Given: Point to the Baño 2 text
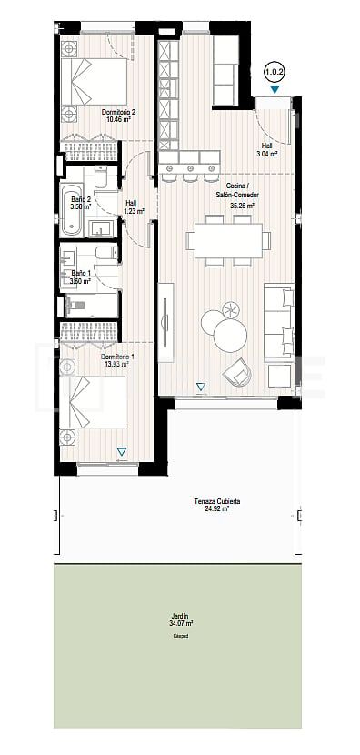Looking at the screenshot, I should [80, 203].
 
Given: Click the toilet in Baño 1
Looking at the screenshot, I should [104, 254].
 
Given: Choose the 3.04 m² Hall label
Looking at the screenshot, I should [266, 150].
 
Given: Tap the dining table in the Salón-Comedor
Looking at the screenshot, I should [228, 240].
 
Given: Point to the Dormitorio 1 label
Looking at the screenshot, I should [118, 360].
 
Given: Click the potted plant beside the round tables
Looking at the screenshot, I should [230, 311].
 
